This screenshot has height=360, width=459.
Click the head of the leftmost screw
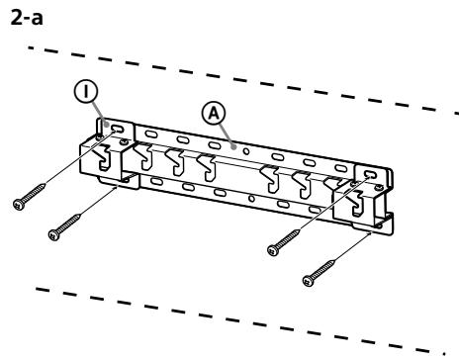pos(18,203)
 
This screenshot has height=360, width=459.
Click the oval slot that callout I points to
pos(118,131)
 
